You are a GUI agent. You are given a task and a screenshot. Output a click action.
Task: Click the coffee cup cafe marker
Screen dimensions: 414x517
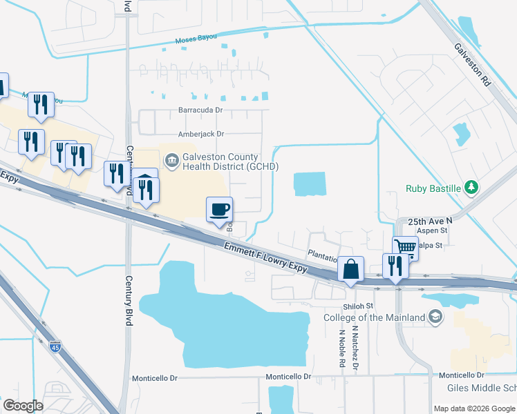click(220, 210)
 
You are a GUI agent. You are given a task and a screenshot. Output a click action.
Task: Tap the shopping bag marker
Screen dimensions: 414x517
click(351, 269)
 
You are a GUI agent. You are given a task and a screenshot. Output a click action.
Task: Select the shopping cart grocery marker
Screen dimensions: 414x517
click(405, 247)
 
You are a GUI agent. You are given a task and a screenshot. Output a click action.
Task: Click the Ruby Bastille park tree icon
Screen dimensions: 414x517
click(471, 187)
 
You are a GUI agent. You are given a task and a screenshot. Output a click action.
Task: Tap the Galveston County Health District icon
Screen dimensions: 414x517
click(171, 161)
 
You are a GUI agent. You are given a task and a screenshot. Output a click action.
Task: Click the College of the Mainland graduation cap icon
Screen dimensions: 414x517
click(435, 317)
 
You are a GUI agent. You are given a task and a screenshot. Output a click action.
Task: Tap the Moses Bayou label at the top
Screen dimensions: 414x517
click(196, 39)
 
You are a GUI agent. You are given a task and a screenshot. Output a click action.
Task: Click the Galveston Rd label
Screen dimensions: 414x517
click(472, 64)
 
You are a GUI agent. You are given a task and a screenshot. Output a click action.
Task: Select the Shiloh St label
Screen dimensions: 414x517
click(358, 306)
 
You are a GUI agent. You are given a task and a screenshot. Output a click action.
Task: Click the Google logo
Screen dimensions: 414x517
click(23, 406)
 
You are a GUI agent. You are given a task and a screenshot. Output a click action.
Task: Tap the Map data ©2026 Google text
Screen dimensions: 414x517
click(474, 408)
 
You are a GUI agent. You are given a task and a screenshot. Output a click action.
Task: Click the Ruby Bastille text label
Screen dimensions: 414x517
click(434, 187)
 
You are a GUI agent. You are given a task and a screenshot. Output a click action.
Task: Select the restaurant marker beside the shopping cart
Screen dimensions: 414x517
click(395, 266)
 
